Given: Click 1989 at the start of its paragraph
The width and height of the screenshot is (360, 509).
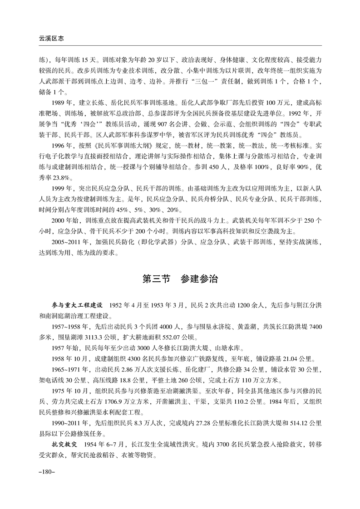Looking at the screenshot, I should click(59, 103).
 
